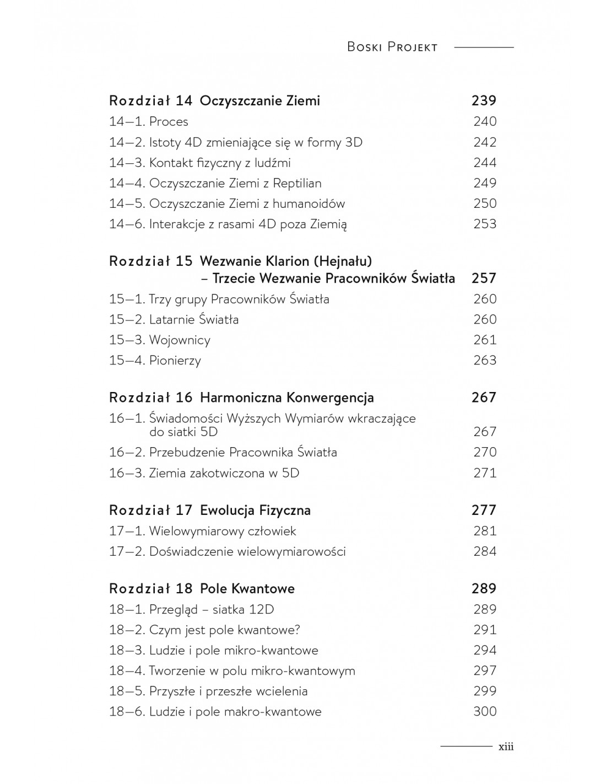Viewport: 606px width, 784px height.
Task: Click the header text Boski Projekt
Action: (x=392, y=47)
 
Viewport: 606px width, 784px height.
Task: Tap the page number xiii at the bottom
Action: (x=506, y=747)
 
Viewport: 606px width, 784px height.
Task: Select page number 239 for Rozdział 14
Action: (x=484, y=100)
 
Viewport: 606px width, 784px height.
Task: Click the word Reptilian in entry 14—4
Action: (x=295, y=183)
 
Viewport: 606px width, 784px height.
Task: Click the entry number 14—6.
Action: (x=127, y=224)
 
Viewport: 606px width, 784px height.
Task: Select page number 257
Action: (x=484, y=278)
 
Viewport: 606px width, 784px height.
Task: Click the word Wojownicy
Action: (x=180, y=340)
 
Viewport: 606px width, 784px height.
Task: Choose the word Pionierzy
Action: (x=175, y=360)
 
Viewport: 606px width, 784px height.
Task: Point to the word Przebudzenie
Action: (x=187, y=452)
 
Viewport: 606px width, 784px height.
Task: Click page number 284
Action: (x=485, y=551)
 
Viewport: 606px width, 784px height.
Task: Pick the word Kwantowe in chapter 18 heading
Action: (x=263, y=588)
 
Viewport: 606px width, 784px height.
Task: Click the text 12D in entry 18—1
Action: (x=261, y=609)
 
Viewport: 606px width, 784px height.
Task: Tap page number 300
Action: (x=485, y=711)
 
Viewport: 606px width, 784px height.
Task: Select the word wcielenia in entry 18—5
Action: (x=281, y=691)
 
